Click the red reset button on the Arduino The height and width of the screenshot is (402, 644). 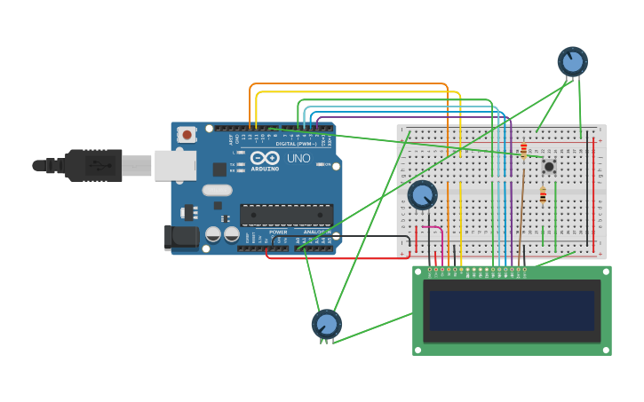click(187, 135)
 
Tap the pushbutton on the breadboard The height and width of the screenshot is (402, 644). click(549, 166)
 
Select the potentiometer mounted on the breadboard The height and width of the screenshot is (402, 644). click(422, 195)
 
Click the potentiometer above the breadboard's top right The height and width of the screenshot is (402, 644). click(572, 61)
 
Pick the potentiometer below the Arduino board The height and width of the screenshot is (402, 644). click(326, 324)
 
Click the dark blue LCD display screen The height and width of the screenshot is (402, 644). click(511, 311)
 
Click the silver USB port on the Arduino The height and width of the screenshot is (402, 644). click(175, 165)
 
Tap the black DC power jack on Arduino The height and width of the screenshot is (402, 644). click(183, 237)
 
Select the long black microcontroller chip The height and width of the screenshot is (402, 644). click(286, 215)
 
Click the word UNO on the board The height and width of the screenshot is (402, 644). click(298, 159)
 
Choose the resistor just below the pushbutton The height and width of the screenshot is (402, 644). click(543, 196)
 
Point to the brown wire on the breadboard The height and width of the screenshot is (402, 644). click(521, 204)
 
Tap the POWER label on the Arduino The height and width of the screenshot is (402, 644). click(278, 233)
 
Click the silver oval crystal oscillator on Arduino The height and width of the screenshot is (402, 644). click(217, 190)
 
